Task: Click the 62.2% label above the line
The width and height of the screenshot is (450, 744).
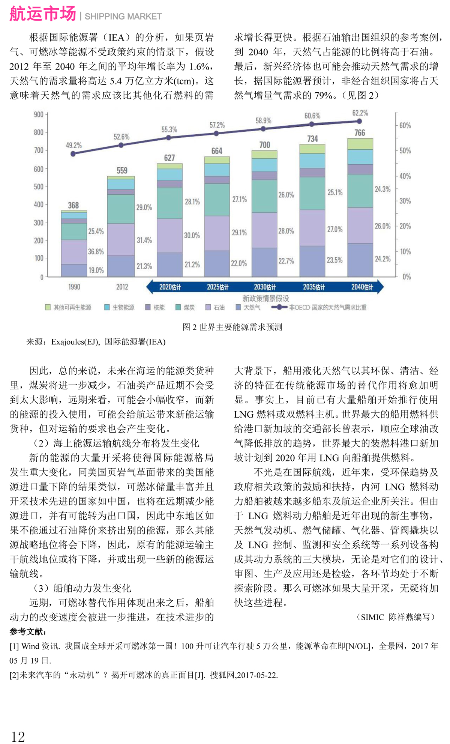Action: coord(360,113)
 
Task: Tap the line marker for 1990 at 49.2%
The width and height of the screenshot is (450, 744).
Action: coord(73,153)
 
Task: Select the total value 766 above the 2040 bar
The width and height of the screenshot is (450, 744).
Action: coord(360,133)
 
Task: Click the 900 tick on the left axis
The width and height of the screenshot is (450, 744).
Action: coord(39,114)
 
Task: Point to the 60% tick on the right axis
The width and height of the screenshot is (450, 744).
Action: coord(405,126)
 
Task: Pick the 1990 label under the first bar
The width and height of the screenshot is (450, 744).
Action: coord(74,287)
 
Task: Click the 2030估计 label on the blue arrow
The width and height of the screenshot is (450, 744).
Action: coord(265,287)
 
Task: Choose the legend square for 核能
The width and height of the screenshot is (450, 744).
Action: coord(148,307)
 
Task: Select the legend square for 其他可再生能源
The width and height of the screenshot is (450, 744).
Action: coord(48,307)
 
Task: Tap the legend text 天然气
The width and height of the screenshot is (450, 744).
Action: coord(252,308)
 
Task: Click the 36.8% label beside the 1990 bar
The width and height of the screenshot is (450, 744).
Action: coord(96,251)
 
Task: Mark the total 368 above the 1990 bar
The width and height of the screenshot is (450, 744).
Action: coord(73,205)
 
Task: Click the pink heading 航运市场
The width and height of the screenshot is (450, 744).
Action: coord(43,14)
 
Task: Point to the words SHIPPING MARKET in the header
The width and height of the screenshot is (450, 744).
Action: coord(123,17)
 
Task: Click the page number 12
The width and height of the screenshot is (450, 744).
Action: coord(18,736)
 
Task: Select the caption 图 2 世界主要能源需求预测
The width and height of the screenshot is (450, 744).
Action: coord(232,327)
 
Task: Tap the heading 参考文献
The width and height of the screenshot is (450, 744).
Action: coord(28,632)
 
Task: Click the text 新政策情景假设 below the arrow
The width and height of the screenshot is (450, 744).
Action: coord(265,298)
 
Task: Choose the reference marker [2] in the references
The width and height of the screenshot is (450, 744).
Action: coord(14,675)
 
